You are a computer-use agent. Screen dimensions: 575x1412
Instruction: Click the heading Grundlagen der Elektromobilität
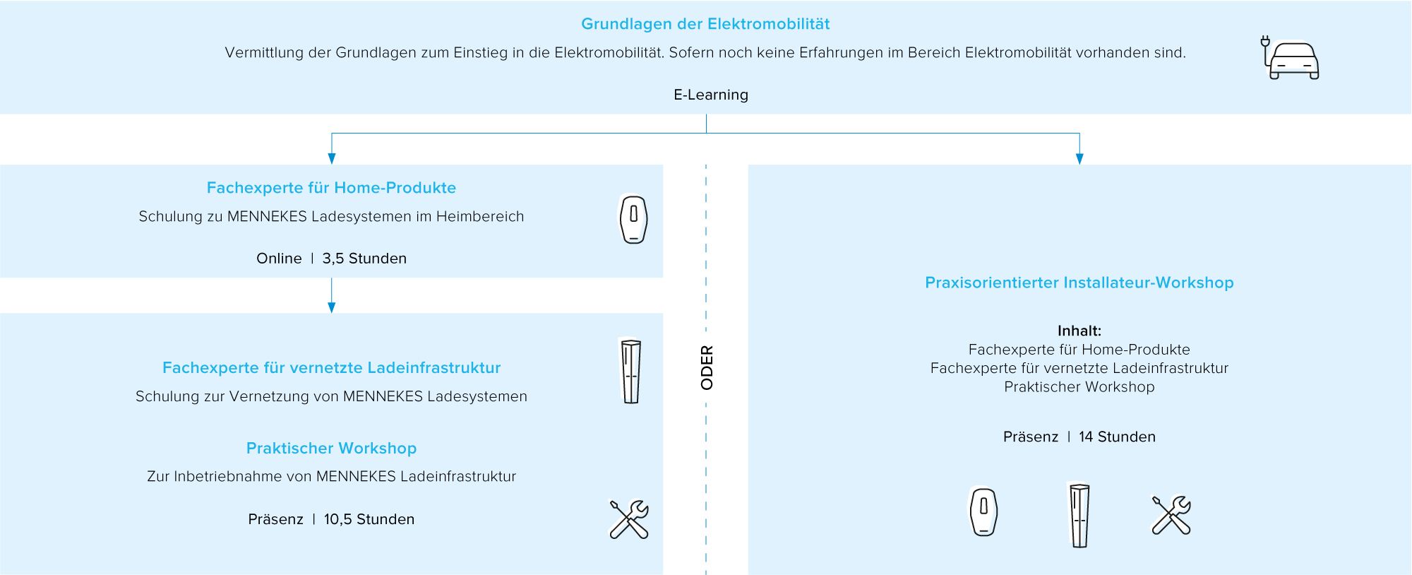[705, 24]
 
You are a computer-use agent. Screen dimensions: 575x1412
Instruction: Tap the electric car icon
[1291, 59]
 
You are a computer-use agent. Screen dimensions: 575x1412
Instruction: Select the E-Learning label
[710, 95]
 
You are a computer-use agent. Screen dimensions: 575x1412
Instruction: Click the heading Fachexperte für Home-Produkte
[331, 188]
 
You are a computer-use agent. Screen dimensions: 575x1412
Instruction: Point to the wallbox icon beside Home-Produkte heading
[633, 220]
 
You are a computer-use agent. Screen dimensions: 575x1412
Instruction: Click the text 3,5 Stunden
[364, 259]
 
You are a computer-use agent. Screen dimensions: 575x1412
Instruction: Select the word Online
[279, 259]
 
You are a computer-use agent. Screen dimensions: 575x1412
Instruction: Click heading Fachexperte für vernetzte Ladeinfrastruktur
[331, 368]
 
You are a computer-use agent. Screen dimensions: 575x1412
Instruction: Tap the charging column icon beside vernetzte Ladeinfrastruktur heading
[630, 372]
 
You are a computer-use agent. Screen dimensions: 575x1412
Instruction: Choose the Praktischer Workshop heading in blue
[331, 449]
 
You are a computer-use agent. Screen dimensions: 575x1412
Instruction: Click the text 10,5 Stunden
[369, 519]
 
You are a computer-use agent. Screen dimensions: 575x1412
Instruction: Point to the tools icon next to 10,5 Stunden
[628, 519]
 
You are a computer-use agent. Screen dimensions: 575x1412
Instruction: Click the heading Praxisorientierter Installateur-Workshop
[1079, 283]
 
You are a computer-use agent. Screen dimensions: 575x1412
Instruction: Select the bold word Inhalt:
[1079, 331]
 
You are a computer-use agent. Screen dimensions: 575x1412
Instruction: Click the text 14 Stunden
[1117, 437]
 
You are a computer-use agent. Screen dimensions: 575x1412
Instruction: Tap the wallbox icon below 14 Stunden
[983, 512]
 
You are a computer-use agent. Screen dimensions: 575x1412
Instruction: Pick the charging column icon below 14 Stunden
[1079, 515]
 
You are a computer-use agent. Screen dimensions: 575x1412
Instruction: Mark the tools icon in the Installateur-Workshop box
[1171, 515]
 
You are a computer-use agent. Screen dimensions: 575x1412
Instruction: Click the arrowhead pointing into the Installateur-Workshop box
[1079, 159]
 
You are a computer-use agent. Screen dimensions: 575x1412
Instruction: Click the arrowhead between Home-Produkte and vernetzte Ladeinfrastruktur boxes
[332, 307]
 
